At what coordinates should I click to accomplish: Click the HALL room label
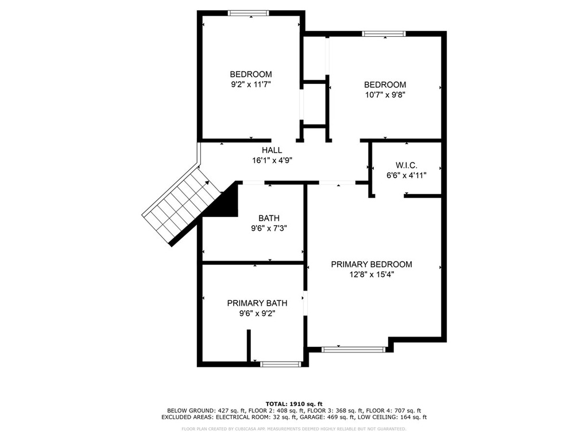(272, 150)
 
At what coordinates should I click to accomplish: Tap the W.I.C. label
(407, 165)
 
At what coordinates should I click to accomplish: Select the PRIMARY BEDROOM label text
(372, 264)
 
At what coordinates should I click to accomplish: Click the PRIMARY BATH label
(257, 303)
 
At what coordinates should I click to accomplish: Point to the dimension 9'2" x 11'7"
(251, 84)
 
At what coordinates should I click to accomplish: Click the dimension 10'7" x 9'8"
(385, 95)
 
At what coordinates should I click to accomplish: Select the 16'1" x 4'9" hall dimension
(272, 161)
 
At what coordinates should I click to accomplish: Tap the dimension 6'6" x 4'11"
(407, 175)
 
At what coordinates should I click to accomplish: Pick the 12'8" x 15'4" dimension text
(372, 274)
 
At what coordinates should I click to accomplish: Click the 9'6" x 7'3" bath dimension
(269, 228)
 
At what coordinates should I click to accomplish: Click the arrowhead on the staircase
(207, 183)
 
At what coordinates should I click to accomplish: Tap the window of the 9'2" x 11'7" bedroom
(249, 13)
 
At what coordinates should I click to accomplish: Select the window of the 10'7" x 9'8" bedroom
(384, 34)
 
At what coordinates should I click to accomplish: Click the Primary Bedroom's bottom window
(353, 350)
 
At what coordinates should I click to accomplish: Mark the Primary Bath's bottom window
(280, 363)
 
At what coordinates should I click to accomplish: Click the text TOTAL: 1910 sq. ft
(294, 404)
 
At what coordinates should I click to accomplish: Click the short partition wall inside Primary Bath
(248, 345)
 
